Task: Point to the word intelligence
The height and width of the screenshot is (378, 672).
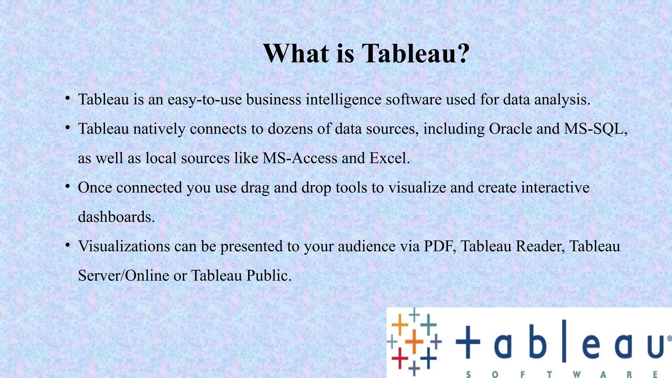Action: coord(343,99)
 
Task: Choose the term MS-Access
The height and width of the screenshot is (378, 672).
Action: coord(300,158)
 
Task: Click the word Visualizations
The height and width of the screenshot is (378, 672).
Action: coord(124,246)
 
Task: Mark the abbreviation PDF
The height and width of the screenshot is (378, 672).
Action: coord(438,246)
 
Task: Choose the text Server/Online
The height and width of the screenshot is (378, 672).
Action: coord(123,275)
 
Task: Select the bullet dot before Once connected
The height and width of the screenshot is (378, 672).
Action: coord(68,186)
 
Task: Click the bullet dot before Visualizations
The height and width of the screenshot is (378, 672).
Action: coord(68,245)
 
